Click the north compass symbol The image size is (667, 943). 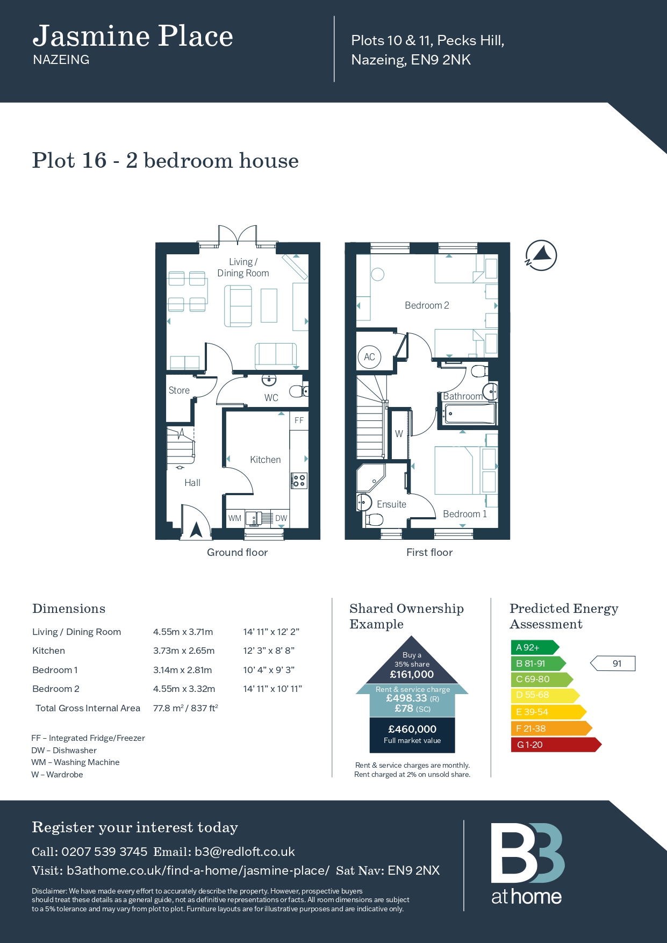[541, 255]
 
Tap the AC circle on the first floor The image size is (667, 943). [369, 357]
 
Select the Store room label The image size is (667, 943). [179, 390]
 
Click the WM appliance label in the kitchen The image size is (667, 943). [235, 518]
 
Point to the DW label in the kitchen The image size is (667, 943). [281, 518]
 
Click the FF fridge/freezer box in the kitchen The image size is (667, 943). [299, 420]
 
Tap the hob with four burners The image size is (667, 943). [299, 481]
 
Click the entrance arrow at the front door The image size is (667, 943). [196, 530]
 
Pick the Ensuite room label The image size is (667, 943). [391, 504]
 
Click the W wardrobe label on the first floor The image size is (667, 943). [399, 434]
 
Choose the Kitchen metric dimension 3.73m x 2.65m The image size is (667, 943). [184, 651]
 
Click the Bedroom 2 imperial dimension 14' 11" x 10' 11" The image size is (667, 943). [272, 689]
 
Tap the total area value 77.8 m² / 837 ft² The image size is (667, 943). [185, 708]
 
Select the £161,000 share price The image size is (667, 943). [412, 674]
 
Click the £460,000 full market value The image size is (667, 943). [412, 729]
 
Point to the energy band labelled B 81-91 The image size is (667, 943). [538, 663]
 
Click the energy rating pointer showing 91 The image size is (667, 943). [613, 663]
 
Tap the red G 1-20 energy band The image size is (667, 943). [556, 745]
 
